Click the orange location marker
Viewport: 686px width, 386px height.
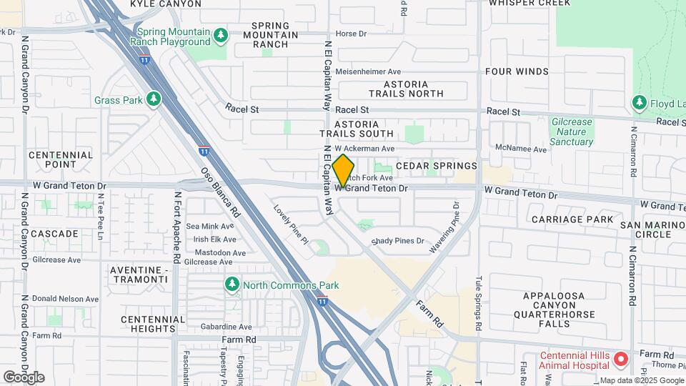[344, 171]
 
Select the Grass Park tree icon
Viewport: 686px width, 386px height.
[153, 99]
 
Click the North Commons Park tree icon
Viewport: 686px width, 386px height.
[232, 284]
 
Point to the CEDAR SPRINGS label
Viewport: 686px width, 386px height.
[436, 165]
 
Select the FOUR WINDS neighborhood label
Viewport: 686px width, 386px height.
[517, 71]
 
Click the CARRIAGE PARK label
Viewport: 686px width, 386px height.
[572, 219]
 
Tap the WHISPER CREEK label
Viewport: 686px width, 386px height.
[530, 3]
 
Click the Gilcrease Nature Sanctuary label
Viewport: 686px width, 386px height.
[572, 132]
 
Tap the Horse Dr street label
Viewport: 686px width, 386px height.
[351, 33]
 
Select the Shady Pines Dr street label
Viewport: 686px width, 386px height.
[397, 242]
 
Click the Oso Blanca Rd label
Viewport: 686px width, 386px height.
[222, 193]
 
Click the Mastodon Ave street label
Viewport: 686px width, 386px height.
[215, 252]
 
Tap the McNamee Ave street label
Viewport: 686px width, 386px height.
[520, 149]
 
